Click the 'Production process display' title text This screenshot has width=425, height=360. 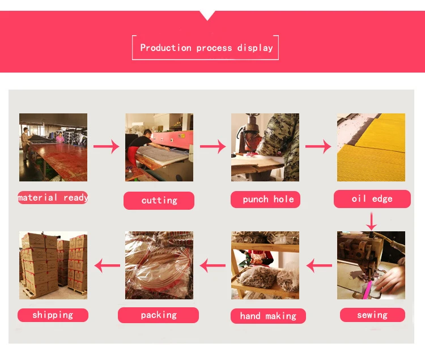coord(206,48)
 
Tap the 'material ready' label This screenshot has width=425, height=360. coord(53,197)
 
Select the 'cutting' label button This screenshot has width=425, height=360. coord(159,200)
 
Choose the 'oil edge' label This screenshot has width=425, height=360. coord(372,198)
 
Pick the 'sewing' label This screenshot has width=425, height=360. coord(372,315)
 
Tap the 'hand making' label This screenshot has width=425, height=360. coord(268,316)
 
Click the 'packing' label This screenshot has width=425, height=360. coord(159,315)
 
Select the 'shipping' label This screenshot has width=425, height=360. coord(53,315)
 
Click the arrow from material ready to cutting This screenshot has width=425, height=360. coord(106,147)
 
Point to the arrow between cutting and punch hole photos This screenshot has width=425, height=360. coord(212,147)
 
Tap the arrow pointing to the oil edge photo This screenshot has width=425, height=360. coord(318,147)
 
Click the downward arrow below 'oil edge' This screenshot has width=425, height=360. coord(371,221)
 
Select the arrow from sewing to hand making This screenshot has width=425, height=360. coord(319,264)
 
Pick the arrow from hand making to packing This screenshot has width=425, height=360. coord(212,264)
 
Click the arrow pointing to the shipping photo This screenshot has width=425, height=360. coord(107,264)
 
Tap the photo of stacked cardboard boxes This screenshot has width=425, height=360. coord(53,265)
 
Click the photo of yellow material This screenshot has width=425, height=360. coord(371,147)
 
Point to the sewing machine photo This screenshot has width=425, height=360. coord(371,265)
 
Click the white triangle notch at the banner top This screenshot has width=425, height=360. coord(207,14)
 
